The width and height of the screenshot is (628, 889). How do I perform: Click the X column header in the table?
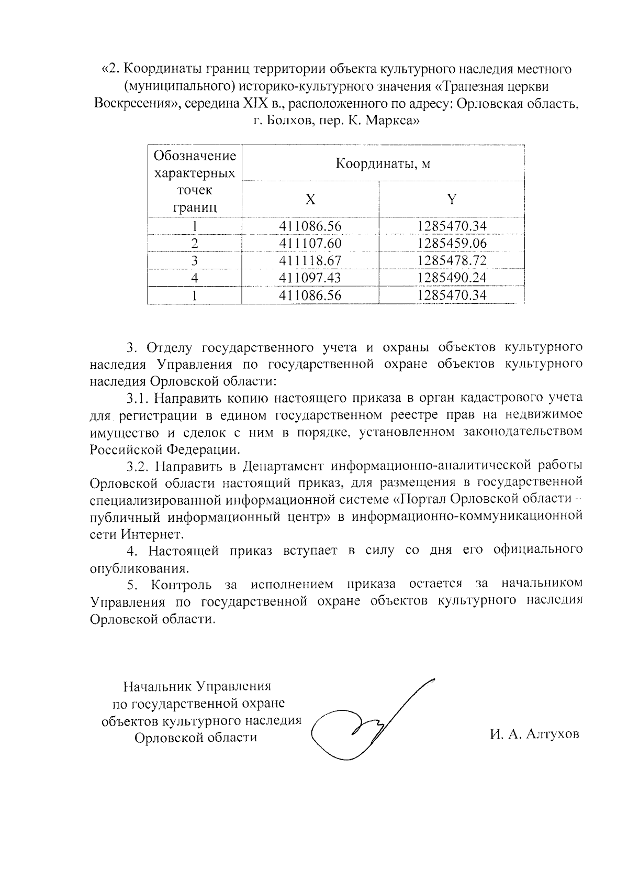pyautogui.click(x=310, y=200)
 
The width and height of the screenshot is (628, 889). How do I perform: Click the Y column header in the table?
pyautogui.click(x=452, y=199)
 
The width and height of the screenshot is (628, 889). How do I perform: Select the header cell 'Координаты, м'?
pyautogui.click(x=383, y=164)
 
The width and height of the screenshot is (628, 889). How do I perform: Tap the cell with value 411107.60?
pyautogui.click(x=310, y=244)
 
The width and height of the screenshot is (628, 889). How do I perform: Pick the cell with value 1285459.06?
pyautogui.click(x=452, y=244)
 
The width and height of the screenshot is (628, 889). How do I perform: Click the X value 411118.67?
pyautogui.click(x=310, y=261)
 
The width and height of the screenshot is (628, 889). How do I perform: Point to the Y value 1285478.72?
pyautogui.click(x=452, y=261)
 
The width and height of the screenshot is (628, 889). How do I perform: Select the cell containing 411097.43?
pyautogui.click(x=310, y=278)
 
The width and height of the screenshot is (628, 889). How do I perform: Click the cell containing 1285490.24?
pyautogui.click(x=452, y=278)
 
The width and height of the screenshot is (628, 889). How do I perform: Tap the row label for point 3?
pyautogui.click(x=195, y=261)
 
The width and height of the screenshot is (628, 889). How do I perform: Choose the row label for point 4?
pyautogui.click(x=195, y=278)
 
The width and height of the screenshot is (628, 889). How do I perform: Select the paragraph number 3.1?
pyautogui.click(x=138, y=398)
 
